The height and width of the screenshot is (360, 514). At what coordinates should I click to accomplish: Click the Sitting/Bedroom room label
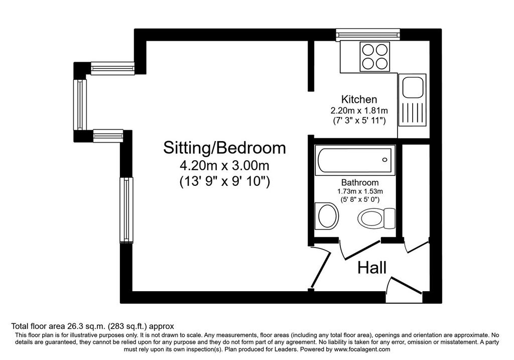pos(224,148)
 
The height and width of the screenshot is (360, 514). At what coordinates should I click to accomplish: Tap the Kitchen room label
pos(359,99)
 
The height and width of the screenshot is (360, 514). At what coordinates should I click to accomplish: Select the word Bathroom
pos(359,182)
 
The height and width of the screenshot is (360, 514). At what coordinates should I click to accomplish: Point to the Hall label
pos(372,268)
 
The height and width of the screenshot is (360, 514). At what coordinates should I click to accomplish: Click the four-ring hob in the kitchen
pos(375,56)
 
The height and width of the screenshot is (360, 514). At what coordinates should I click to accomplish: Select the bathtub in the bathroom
pos(355,160)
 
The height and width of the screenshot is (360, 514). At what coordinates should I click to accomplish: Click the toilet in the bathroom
pos(376,218)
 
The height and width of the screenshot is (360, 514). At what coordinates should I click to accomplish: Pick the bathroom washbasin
pos(326,216)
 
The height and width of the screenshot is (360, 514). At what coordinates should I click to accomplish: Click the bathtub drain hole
pos(384,160)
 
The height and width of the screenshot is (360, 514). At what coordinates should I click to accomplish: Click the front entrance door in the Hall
pos(404,286)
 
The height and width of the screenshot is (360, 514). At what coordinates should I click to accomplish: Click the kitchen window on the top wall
pos(368,35)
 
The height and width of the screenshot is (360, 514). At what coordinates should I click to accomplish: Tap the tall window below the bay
pos(126,210)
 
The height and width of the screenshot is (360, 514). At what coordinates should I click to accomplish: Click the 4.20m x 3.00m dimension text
pos(224,165)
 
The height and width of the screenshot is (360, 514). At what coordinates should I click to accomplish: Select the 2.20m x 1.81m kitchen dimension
pos(359,110)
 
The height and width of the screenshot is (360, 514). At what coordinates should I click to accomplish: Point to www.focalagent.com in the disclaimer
pos(362,349)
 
